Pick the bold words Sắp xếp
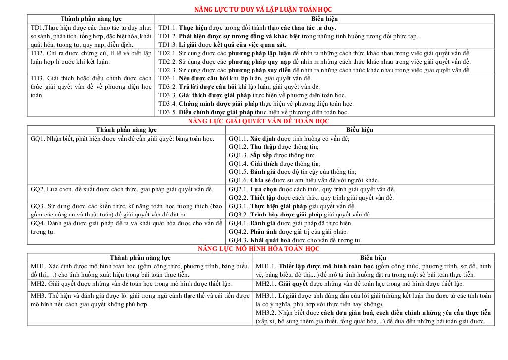261,155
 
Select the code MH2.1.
266,284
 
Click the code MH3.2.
266,313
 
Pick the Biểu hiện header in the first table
324,19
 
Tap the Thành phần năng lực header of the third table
140,258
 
